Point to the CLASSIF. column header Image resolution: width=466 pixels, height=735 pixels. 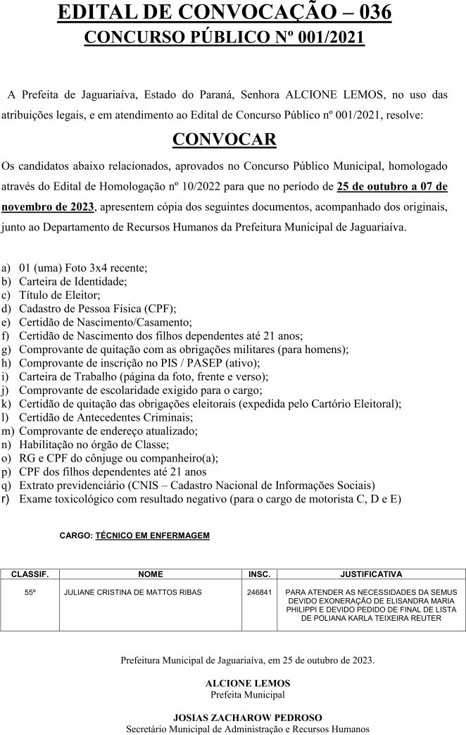pos(30,574)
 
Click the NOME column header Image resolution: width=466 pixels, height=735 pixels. pos(150,574)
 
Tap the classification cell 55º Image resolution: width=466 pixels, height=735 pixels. pos(30,593)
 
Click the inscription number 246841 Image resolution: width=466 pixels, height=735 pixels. pos(260,593)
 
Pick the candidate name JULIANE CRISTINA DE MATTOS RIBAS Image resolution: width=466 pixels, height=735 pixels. pos(132,593)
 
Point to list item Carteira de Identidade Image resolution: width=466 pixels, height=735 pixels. pos(73,281)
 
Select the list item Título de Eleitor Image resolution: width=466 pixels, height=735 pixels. pos(60,295)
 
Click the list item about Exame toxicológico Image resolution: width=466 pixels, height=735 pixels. pos(210,499)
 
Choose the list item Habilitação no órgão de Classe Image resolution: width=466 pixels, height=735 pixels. pos(94,444)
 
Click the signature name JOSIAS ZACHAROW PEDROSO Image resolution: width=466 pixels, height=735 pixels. pos(247,717)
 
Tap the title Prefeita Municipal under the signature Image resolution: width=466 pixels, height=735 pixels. pos(247,693)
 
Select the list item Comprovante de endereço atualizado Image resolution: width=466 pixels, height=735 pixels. pos(108,431)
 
